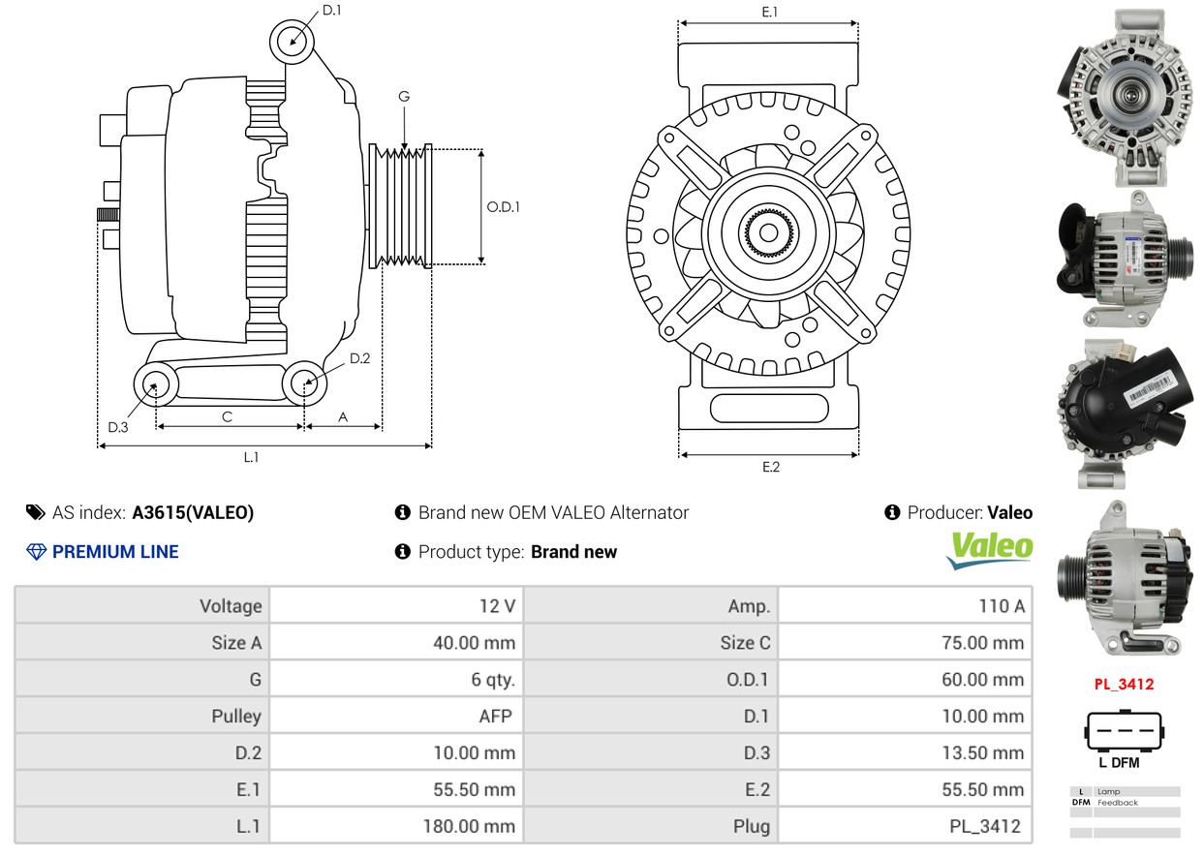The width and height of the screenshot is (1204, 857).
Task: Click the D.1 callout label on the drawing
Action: coord(331,11)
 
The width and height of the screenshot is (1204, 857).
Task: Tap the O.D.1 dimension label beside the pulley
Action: coord(503,207)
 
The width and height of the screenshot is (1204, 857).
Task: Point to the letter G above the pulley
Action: coord(404,96)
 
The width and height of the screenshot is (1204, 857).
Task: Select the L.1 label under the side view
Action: coord(251,457)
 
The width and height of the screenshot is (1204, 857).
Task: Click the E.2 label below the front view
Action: coord(771,467)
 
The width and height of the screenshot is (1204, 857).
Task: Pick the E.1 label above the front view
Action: coord(770,12)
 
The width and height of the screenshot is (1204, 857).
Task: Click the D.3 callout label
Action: coord(118,427)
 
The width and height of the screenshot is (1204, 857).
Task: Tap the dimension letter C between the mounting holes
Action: coord(227,417)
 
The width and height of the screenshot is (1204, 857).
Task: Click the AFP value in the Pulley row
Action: coord(496,717)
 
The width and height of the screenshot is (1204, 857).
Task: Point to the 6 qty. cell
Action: coord(493,680)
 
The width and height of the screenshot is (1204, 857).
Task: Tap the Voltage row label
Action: coord(231,606)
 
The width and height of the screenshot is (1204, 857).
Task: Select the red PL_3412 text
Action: coord(1124,684)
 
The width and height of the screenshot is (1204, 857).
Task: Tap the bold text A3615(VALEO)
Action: coord(193,512)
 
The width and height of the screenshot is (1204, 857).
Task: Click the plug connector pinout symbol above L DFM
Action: coord(1125,730)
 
